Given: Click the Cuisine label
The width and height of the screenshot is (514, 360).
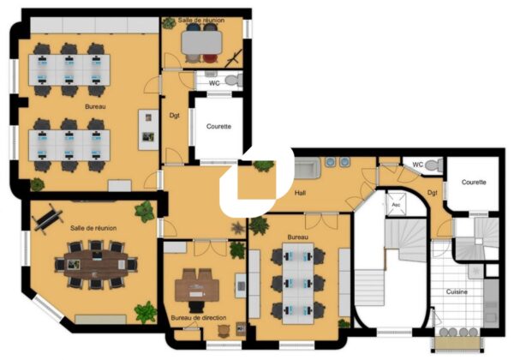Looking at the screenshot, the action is point(457,291).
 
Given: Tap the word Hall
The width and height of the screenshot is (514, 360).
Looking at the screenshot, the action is point(300,193).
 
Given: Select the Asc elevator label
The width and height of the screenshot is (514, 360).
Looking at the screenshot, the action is point(396,205).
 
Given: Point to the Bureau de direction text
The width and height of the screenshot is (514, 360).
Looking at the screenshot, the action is point(199,318).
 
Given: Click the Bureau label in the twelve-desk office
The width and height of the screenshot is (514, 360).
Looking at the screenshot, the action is point(95,106).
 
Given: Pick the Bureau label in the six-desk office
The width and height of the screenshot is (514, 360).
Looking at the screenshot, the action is point(297,237).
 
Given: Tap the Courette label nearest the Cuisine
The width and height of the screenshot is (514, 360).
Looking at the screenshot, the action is point(474,182).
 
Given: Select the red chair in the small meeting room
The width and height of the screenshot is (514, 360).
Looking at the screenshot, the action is point(210,58).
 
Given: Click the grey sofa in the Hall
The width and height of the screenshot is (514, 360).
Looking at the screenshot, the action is point(308,168).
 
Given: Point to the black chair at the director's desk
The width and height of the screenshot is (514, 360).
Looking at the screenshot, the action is point(197,306).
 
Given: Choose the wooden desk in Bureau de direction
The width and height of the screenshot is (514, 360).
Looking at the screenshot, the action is point(197,285).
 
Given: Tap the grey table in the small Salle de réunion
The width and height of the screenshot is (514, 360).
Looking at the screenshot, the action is point(202,42).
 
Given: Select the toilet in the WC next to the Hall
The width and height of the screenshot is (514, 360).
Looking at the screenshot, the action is point(433,165).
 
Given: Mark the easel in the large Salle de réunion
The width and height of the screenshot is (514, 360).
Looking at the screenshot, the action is point(47,219).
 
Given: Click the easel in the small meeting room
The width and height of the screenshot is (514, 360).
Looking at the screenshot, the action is point(234,58).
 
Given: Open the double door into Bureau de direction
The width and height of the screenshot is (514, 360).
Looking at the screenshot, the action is point(210,248).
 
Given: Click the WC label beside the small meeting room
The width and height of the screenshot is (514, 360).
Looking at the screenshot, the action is point(214,83).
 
